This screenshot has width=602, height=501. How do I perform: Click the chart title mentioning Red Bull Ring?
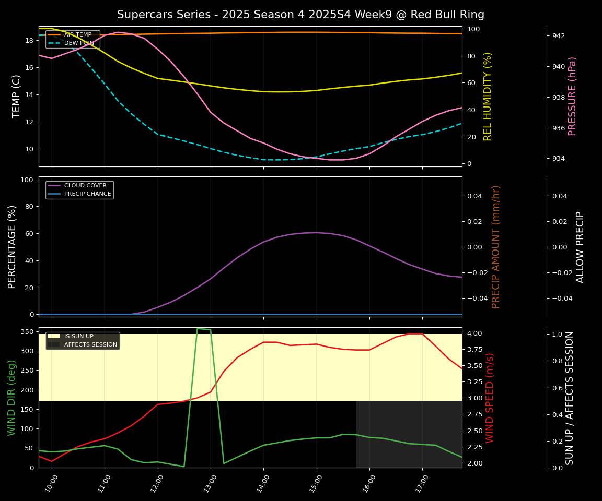[x=300, y=15]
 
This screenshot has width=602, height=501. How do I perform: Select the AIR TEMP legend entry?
[x=77, y=34]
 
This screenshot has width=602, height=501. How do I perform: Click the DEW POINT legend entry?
[x=80, y=43]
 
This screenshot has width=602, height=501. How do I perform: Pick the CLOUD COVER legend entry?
[x=85, y=185]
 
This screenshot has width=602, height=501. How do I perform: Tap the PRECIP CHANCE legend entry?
[x=87, y=194]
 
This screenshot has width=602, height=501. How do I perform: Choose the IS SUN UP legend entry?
[x=78, y=337]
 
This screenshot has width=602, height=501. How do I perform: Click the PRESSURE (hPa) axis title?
[x=572, y=96]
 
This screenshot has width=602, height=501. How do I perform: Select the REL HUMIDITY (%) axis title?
[x=488, y=96]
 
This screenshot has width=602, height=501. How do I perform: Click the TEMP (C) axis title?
[x=17, y=96]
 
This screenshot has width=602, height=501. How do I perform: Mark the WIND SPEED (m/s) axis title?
[x=490, y=398]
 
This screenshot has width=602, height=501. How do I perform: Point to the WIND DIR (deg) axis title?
[x=11, y=398]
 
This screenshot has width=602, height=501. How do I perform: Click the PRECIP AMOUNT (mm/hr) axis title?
[x=496, y=246]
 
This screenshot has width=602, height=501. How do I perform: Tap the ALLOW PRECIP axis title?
[x=580, y=246]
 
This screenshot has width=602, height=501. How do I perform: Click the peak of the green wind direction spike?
[x=198, y=329]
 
